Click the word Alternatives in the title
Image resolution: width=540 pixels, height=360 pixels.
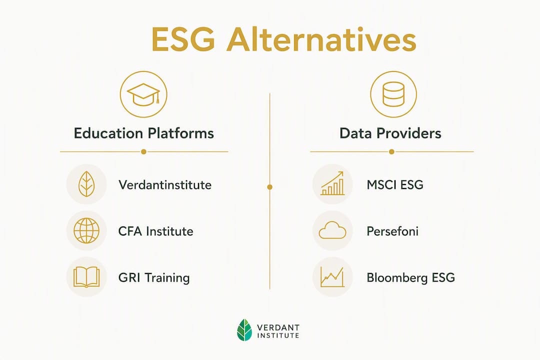point(321,39)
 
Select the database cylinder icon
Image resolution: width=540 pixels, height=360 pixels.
point(393,94)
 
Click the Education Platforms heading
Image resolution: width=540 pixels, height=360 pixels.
point(144,133)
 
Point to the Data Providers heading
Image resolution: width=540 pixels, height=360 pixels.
point(390,133)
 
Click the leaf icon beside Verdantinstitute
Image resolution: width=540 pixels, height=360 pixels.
point(86,184)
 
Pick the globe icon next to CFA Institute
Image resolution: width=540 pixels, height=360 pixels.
point(86,231)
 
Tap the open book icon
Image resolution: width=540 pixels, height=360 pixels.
point(86,277)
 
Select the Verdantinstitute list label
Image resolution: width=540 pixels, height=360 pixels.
point(165,184)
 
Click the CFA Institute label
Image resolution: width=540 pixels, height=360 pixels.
point(155,231)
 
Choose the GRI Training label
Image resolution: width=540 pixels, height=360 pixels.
point(154,277)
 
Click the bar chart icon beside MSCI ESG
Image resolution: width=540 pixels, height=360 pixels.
point(332,183)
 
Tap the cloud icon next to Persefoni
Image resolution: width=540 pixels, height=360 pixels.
point(332,230)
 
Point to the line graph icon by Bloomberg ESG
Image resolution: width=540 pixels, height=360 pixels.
point(332,277)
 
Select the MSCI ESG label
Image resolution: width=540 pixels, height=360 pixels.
point(395,184)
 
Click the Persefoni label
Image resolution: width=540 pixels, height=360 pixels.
point(392,231)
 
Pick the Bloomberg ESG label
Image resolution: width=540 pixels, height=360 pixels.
point(411,277)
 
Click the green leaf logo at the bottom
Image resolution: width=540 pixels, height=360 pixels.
point(244,330)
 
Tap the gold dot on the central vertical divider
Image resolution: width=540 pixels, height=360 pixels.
point(269,187)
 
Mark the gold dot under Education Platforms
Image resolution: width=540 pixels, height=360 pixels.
point(143,151)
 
